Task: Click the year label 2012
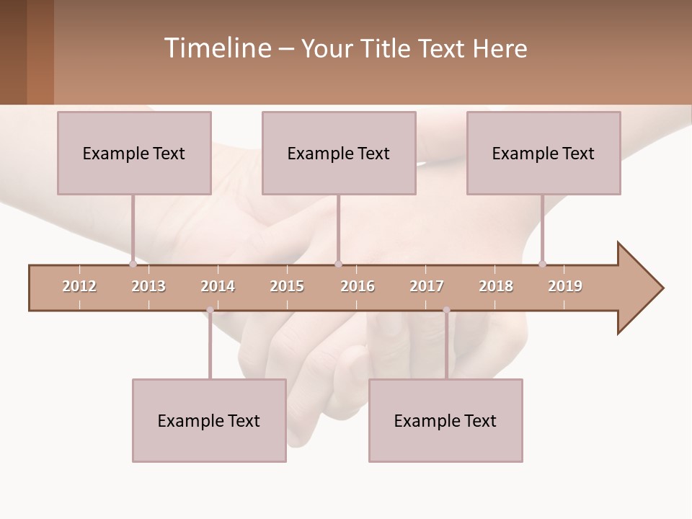click(79, 286)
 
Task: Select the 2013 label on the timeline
click(148, 286)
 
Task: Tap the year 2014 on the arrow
click(218, 286)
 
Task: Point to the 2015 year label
click(287, 286)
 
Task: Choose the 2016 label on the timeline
click(358, 286)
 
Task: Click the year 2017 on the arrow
click(427, 286)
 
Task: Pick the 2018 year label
click(496, 286)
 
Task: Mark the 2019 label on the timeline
click(565, 286)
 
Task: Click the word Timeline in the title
click(216, 48)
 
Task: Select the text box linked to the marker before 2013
click(134, 153)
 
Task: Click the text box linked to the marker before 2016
click(339, 153)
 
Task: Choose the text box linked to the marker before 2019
click(544, 153)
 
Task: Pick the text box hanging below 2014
click(209, 420)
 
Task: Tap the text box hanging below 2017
click(445, 420)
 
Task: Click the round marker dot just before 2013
click(133, 264)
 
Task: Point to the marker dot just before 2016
click(339, 264)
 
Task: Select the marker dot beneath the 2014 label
click(210, 311)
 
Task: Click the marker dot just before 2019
click(542, 264)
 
